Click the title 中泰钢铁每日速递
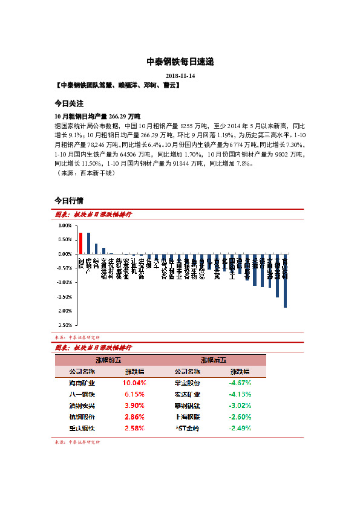click(180, 62)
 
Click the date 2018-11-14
click(180, 76)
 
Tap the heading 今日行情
click(68, 200)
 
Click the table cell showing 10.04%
click(135, 383)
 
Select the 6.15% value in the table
click(135, 394)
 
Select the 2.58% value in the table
click(135, 428)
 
